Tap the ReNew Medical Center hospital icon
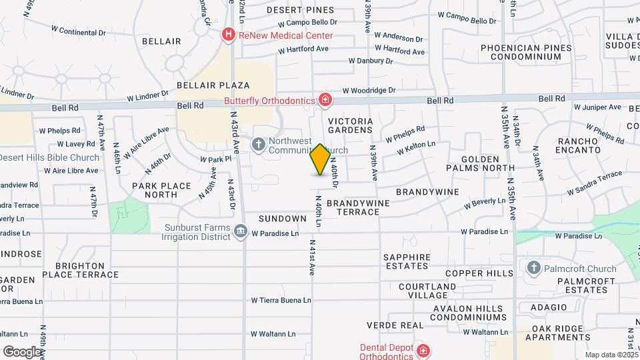[229, 34]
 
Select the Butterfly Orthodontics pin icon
[325, 101]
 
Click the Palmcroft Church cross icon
[533, 269]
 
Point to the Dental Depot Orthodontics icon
[423, 351]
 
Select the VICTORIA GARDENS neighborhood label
[350, 125]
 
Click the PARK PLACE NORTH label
[161, 190]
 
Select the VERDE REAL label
[395, 325]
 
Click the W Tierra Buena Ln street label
[281, 300]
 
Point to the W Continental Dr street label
[79, 30]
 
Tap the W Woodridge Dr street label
[369, 91]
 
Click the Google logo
[22, 351]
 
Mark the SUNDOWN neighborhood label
[283, 219]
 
